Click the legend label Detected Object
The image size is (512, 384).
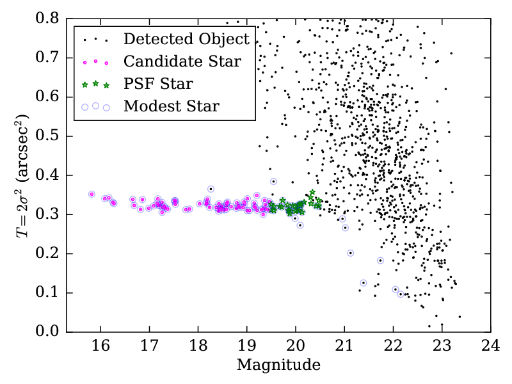pyautogui.click(x=186, y=39)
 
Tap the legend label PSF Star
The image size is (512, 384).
pyautogui.click(x=158, y=84)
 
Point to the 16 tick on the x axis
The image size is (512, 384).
pyautogui.click(x=100, y=332)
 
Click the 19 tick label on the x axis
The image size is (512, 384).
pyautogui.click(x=247, y=346)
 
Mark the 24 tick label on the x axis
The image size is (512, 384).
pyautogui.click(x=491, y=346)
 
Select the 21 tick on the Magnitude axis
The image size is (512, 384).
pyautogui.click(x=344, y=332)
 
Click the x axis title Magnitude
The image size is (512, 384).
pyautogui.click(x=278, y=365)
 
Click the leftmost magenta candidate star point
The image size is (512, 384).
pyautogui.click(x=92, y=194)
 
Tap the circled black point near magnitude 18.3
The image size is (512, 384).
pyautogui.click(x=211, y=189)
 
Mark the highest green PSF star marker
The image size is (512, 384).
pyautogui.click(x=312, y=192)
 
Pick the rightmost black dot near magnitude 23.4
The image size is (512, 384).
pyautogui.click(x=460, y=316)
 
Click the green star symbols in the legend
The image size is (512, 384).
pyautogui.click(x=95, y=84)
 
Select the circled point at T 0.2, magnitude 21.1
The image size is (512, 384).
pyautogui.click(x=351, y=253)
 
